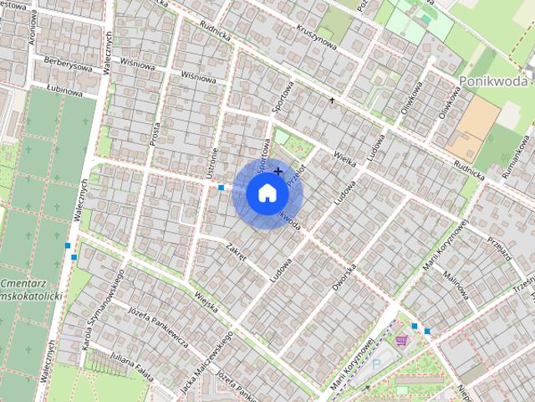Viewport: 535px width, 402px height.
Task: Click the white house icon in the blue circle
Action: [267, 193]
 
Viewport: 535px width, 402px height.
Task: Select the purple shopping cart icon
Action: [401, 341]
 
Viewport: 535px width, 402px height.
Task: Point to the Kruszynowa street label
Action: [315, 34]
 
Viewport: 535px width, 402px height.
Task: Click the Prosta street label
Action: [155, 132]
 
